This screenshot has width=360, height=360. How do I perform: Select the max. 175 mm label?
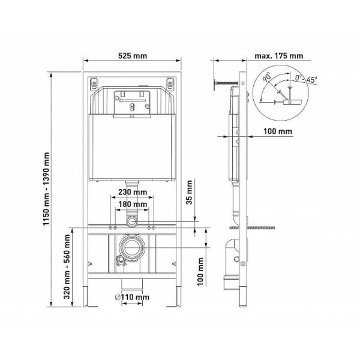pos(278,56)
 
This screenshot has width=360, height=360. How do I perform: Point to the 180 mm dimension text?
pos(131,205)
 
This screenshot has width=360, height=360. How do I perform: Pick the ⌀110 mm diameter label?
pos(133,297)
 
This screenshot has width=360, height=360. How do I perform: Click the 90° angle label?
pos(266,76)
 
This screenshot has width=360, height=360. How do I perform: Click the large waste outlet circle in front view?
pos(131,247)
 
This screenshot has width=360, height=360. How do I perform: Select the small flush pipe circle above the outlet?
pos(131,222)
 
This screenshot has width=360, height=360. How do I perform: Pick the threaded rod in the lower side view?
pos(259,228)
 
